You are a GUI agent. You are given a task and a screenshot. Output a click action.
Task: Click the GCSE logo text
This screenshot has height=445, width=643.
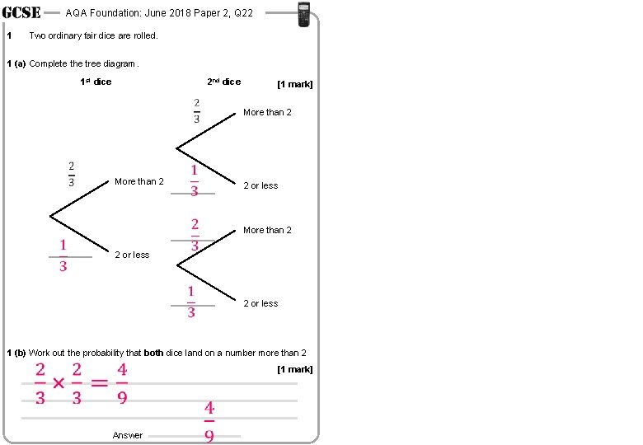(21, 12)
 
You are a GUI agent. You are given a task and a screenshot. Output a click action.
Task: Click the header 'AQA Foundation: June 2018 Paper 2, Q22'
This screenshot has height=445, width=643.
(159, 12)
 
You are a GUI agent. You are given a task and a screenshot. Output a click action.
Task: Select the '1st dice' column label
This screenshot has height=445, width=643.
(96, 82)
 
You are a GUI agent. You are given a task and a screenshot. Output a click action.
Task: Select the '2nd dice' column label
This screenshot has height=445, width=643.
(223, 82)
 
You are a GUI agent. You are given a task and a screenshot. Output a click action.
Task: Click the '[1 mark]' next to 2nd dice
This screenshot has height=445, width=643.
(295, 84)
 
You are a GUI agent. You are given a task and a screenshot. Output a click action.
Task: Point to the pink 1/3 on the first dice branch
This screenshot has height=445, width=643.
(63, 255)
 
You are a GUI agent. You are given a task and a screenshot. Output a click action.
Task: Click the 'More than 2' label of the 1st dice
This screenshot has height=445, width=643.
(139, 181)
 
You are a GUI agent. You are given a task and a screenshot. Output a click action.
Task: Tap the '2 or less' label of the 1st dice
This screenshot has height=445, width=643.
(132, 255)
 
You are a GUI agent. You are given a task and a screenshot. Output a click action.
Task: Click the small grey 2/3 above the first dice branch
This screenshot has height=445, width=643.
(72, 174)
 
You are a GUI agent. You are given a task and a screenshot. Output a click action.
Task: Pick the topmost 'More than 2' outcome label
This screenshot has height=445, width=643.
(267, 112)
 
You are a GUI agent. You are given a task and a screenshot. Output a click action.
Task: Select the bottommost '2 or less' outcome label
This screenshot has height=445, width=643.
(260, 303)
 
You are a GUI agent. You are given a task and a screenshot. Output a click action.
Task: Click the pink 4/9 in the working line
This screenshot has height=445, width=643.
(121, 384)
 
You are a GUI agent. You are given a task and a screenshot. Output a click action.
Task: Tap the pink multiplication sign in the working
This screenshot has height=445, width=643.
(59, 384)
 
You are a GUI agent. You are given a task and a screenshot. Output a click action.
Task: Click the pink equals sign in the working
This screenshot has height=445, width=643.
(99, 384)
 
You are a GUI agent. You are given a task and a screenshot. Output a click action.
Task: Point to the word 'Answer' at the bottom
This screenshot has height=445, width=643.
(128, 435)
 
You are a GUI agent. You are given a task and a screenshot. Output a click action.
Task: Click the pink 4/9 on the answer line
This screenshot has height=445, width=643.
(209, 421)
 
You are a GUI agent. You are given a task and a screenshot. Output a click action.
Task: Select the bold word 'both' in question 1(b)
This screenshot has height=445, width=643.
(153, 353)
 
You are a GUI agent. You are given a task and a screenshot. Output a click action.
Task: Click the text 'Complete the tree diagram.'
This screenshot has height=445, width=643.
(84, 63)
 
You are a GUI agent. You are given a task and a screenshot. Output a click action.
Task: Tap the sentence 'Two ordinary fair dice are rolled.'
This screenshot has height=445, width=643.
(93, 35)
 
